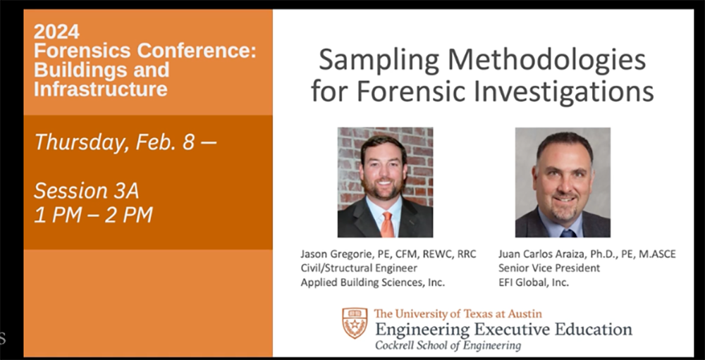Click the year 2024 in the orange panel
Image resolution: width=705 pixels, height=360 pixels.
coord(57,32)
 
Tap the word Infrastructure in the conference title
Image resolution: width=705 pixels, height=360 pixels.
coord(101,89)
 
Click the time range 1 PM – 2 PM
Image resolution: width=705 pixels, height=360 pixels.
coord(93,215)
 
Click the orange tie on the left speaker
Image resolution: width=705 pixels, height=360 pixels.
coord(387,223)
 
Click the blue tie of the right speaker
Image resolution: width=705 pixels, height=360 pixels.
coord(567,232)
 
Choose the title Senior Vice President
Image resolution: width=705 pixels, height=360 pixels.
coord(549,268)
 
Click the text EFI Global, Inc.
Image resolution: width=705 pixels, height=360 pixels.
coord(533,282)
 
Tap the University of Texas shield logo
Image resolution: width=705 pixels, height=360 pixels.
coord(355,323)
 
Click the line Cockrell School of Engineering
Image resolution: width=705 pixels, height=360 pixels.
coord(448,345)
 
